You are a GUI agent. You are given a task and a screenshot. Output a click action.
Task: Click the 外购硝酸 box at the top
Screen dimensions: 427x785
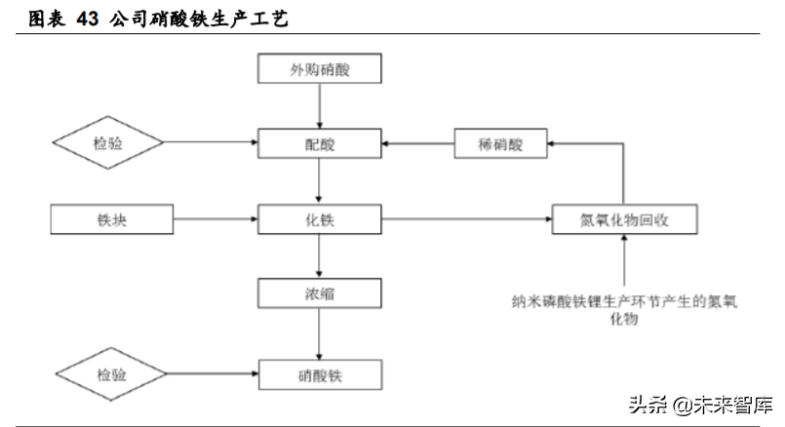coord(320,69)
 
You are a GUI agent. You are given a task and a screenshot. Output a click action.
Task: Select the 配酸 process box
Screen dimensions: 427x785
coord(320,144)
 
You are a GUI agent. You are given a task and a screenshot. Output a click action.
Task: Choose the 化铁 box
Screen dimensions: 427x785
coord(320,220)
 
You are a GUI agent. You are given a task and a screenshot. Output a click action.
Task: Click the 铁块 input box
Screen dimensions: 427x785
coord(113,220)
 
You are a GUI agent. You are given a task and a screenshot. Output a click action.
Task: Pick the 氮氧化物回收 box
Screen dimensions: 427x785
coord(625,220)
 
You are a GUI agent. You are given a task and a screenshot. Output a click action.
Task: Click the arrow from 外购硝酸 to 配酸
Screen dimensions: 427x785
coord(320,106)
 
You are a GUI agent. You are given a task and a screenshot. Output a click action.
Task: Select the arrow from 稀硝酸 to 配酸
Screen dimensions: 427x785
coord(417,144)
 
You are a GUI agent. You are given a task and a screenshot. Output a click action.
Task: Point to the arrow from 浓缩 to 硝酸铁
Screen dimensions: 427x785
coord(320,332)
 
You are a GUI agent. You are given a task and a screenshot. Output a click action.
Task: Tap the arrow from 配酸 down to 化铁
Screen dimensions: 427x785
coord(320,182)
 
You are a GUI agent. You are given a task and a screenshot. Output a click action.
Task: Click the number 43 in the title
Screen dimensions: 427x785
coord(88,18)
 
